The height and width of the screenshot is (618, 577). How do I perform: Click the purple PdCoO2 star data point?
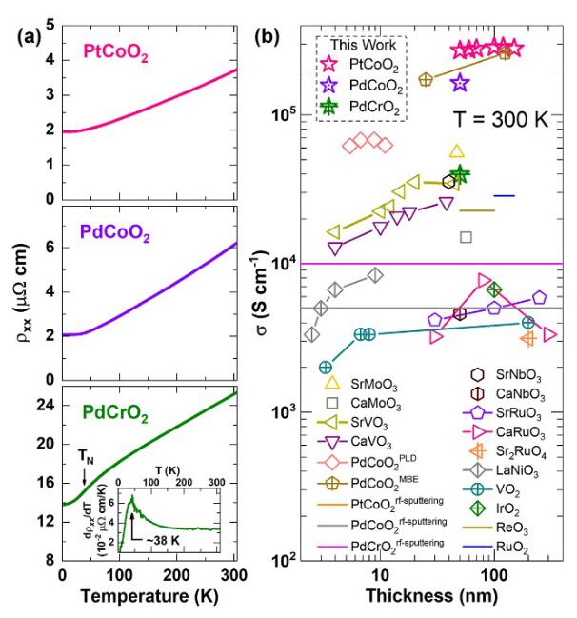coord(459,83)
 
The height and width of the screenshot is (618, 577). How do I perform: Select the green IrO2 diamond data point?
coord(493,289)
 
